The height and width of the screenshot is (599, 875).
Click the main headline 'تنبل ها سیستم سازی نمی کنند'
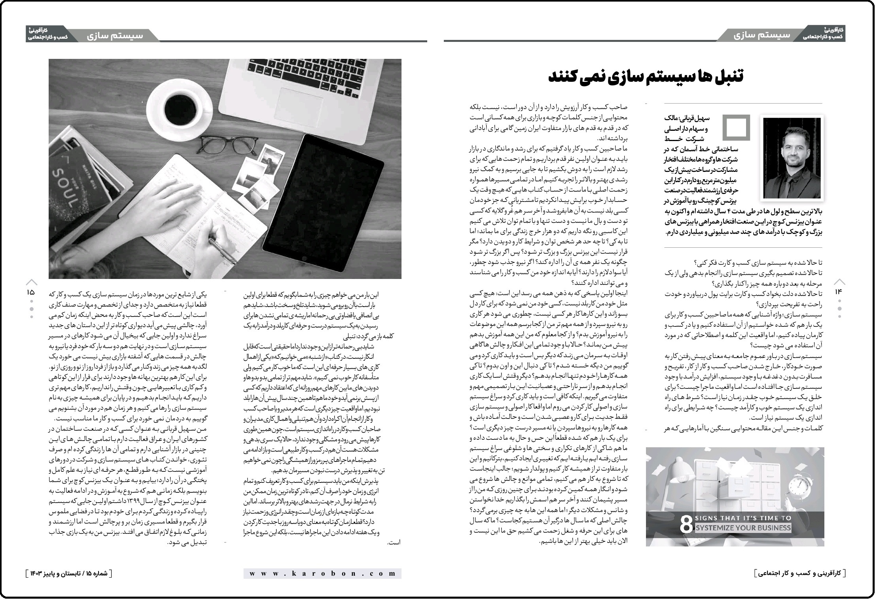[x=645, y=77]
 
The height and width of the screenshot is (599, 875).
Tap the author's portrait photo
[x=792, y=158]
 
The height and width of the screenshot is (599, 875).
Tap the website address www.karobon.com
[x=322, y=573]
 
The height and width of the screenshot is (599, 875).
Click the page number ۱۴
[x=839, y=292]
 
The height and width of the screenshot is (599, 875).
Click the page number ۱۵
[x=31, y=293]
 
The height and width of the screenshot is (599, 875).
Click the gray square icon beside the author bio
[x=736, y=128]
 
